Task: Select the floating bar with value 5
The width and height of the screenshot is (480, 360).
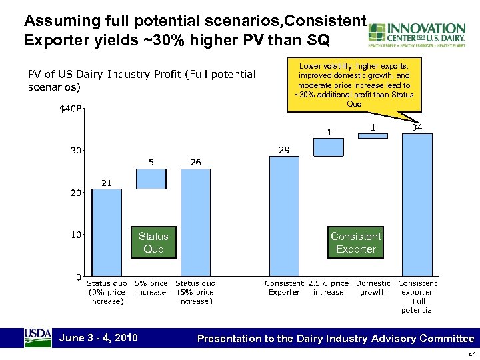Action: [x=151, y=178]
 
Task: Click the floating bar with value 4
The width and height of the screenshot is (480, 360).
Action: [x=328, y=147]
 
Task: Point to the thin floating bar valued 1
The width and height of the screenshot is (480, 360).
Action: [x=373, y=135]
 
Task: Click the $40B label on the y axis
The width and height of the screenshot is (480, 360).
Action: [x=70, y=109]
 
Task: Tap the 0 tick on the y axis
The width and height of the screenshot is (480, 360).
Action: [x=79, y=277]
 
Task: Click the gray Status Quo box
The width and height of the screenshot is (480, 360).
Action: [x=153, y=243]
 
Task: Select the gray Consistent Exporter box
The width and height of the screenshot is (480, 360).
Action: [x=355, y=243]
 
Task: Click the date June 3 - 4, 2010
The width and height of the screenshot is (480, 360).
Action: [x=99, y=338]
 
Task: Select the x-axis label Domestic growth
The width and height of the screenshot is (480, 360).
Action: [x=373, y=288]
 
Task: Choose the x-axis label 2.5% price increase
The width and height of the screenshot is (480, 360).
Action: [x=328, y=288]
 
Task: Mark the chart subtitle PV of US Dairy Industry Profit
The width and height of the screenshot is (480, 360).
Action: [x=141, y=80]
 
